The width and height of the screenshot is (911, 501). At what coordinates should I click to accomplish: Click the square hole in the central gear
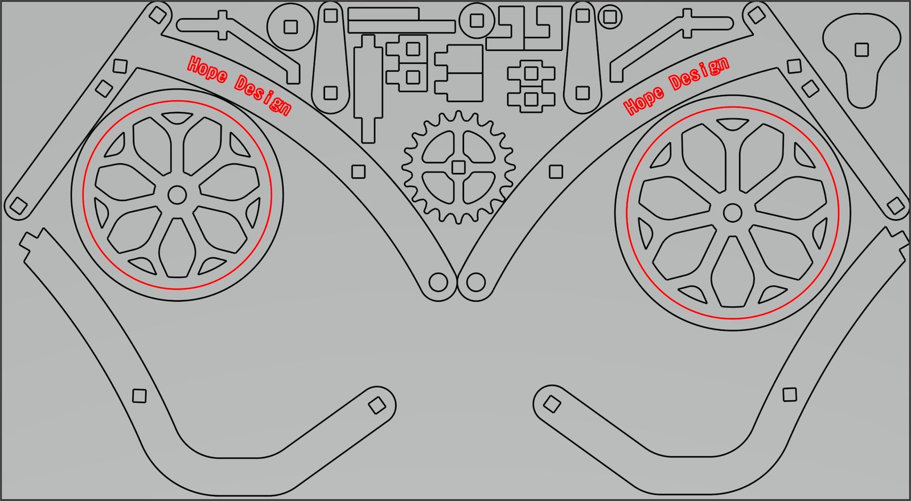(x=458, y=167)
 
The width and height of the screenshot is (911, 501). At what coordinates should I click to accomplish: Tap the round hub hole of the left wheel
(x=177, y=195)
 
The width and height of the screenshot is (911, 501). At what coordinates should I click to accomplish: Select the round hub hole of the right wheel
(x=732, y=213)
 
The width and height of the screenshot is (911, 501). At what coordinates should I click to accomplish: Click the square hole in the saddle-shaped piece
(x=861, y=50)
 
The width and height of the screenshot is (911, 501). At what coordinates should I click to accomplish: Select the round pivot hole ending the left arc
(x=438, y=282)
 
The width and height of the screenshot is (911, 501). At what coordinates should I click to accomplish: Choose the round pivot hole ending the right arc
(x=475, y=282)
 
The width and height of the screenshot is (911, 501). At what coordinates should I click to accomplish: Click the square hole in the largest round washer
(x=291, y=27)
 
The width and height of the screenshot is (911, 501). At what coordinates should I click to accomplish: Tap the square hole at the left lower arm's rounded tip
(x=376, y=405)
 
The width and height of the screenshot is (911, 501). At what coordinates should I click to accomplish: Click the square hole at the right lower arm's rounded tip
(x=551, y=405)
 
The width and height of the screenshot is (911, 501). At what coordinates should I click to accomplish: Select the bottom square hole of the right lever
(x=582, y=92)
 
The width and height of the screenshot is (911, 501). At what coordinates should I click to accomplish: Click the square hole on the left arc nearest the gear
(x=358, y=171)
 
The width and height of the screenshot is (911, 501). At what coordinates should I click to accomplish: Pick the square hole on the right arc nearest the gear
(x=556, y=171)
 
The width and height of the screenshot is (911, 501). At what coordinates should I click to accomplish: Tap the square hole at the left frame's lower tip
(x=17, y=206)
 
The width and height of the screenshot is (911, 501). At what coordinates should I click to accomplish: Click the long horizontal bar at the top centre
(x=401, y=26)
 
